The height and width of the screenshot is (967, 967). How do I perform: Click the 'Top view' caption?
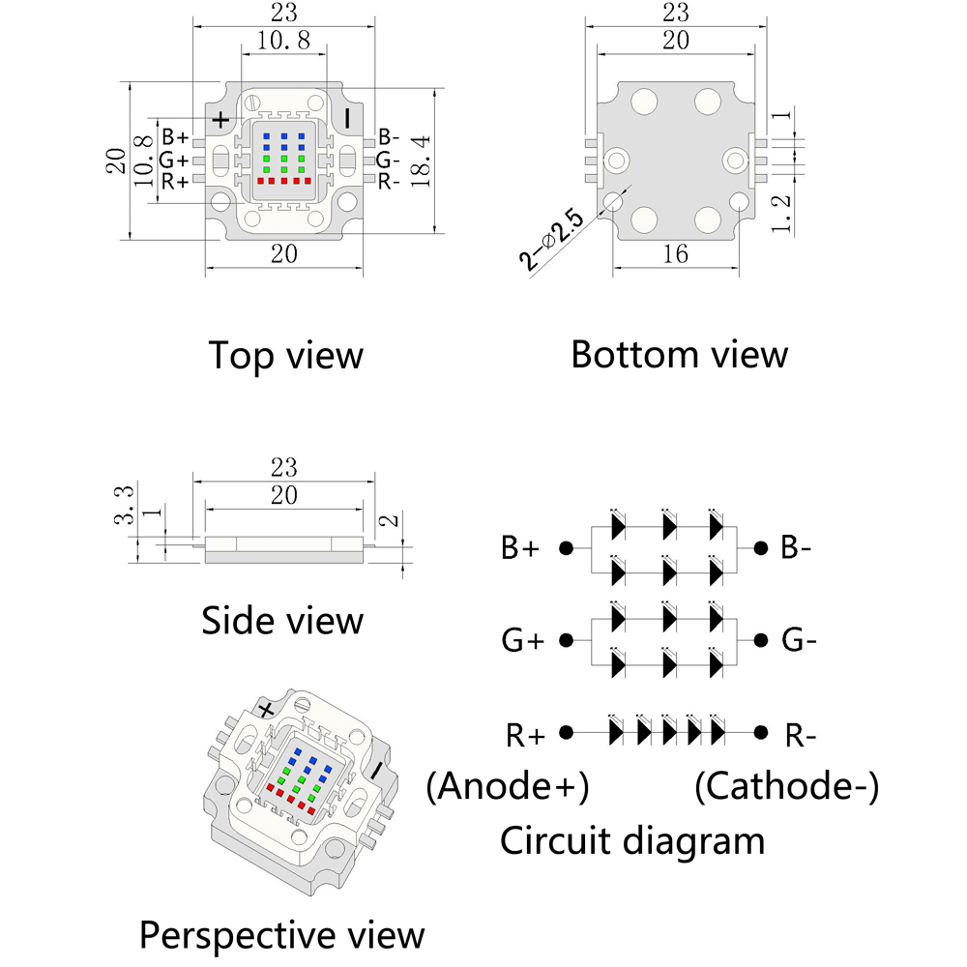coord(285,355)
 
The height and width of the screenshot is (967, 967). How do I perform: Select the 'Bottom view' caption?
coord(679,354)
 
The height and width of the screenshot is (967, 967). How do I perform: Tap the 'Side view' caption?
coord(282,620)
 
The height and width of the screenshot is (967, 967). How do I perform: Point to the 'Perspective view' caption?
coord(282,935)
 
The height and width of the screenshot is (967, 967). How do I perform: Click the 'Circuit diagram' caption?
coord(631,840)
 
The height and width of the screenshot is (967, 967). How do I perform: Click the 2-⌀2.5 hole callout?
coord(551,241)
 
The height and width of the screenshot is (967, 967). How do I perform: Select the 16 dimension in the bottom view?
coord(676,254)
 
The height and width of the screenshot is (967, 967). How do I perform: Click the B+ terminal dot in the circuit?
coord(567,547)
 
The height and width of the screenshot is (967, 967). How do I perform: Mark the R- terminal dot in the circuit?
coord(762,732)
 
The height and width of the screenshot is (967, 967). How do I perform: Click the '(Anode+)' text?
coord(508,787)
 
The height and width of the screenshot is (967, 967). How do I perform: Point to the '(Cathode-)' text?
coord(787,787)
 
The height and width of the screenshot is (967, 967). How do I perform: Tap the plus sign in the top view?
coord(221,119)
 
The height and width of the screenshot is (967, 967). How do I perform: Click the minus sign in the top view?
coord(348,118)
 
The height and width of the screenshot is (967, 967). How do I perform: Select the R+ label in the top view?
coord(175,181)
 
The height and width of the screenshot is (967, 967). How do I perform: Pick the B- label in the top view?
coord(389,137)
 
